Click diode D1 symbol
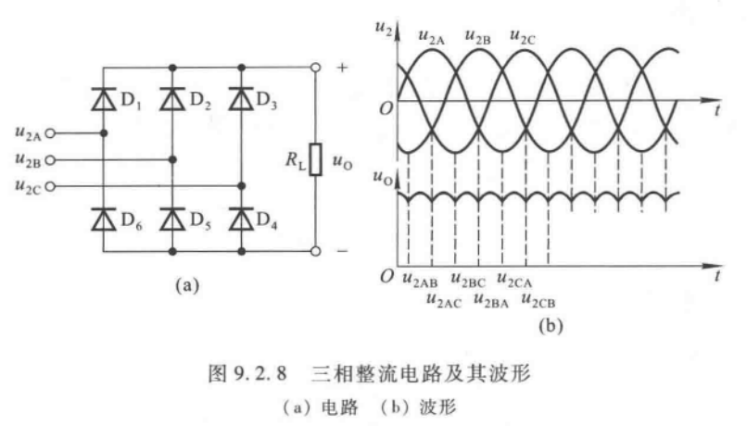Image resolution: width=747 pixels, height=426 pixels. point(103,99)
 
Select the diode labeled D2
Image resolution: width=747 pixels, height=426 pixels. point(172,99)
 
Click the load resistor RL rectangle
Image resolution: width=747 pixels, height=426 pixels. point(315,159)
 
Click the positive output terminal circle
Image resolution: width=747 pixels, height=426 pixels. point(315,67)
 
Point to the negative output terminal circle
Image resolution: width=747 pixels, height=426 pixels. point(315,251)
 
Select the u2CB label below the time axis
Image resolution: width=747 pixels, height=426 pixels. point(538,299)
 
